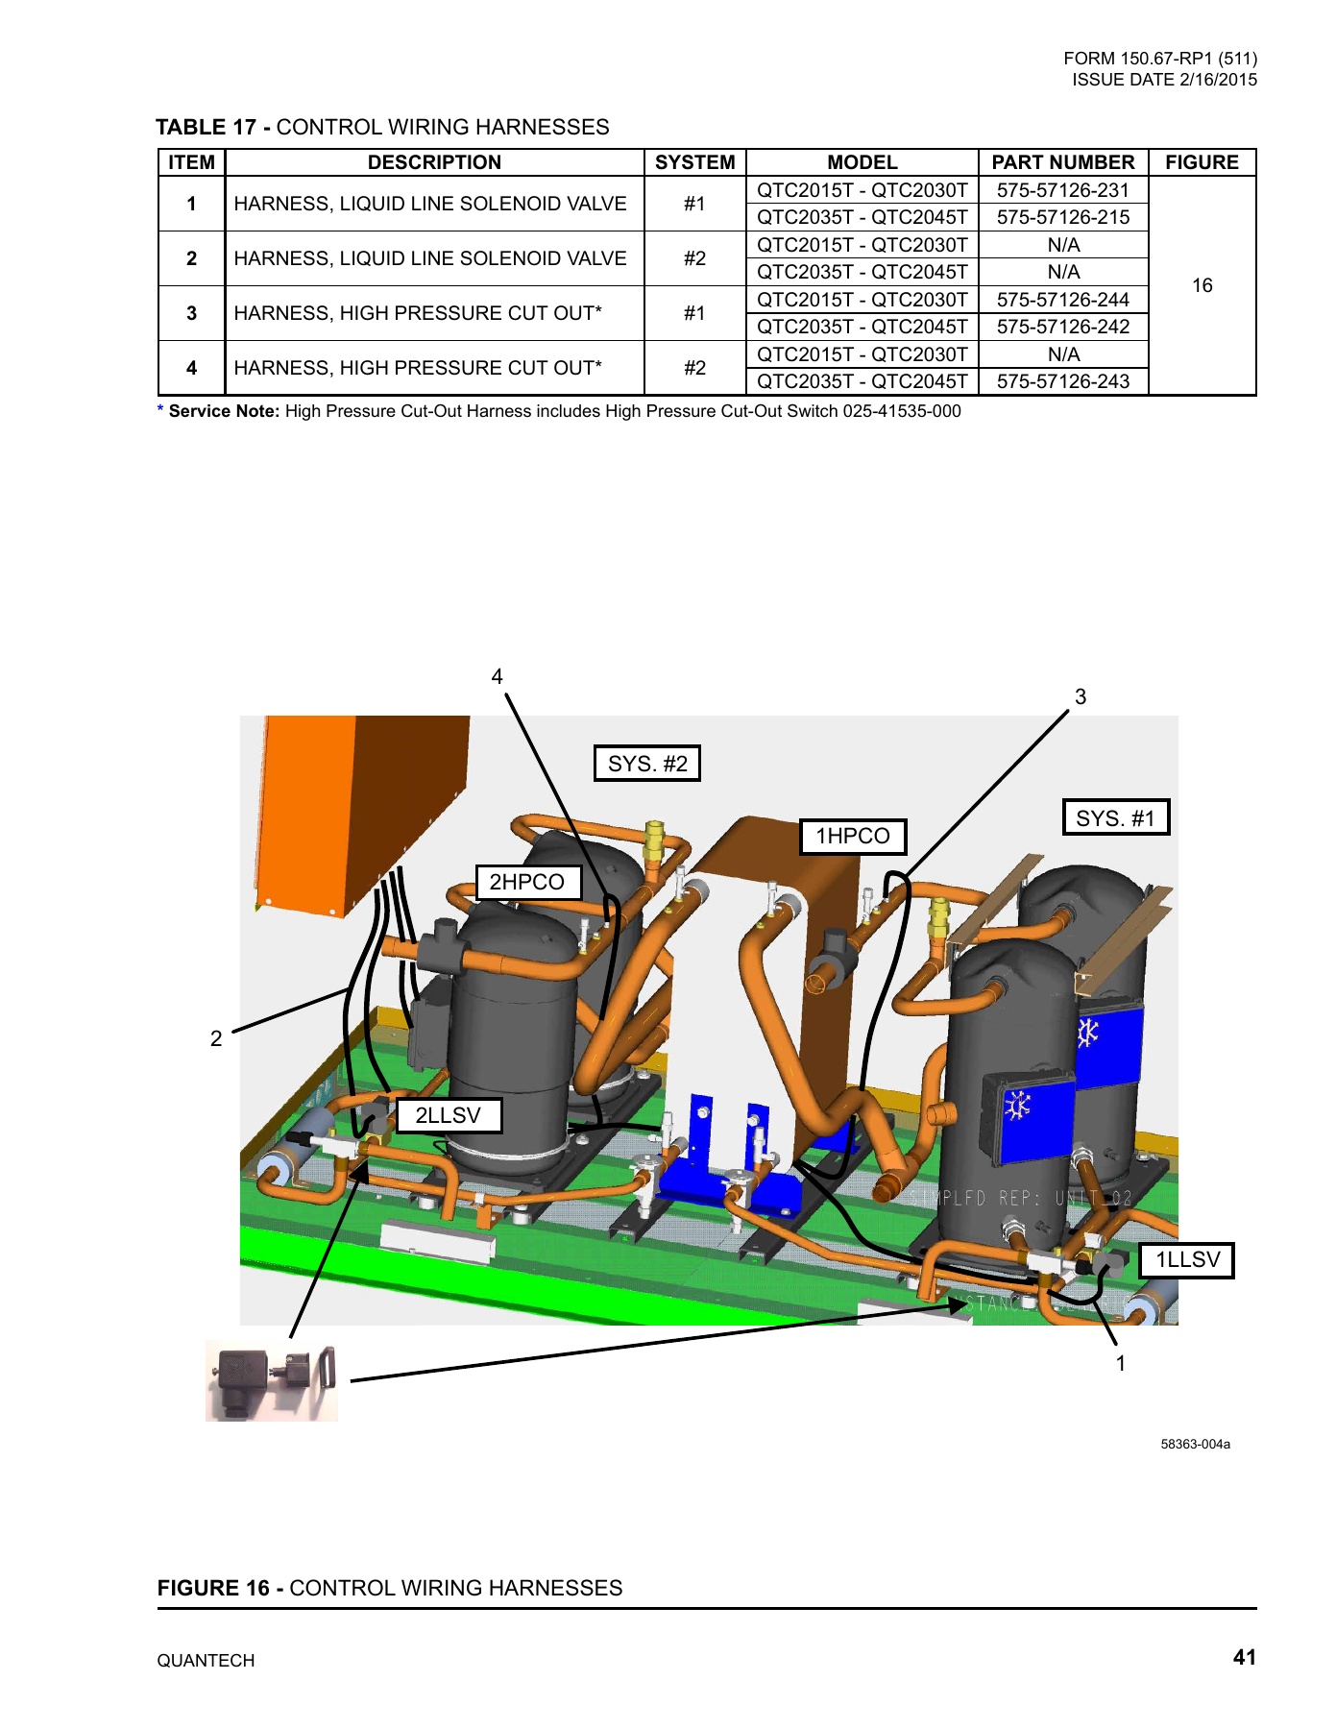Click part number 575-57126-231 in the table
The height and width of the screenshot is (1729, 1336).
pos(1062,190)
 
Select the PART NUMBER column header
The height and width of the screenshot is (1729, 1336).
pos(1062,162)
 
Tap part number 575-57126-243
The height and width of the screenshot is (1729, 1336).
pos(1062,381)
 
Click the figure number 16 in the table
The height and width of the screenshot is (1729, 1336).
pos(1202,285)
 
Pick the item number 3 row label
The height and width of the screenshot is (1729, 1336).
pos(191,313)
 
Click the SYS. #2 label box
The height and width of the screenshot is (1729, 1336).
pos(647,764)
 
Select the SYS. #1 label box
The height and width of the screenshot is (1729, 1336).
pos(1115,818)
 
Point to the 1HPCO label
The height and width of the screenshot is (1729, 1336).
pos(853,836)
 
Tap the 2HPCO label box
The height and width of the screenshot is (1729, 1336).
pos(527,882)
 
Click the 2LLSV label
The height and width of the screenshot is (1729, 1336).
pos(449,1115)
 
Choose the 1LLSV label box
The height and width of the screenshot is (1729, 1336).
pos(1187,1260)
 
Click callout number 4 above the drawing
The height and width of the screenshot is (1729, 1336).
pos(497,676)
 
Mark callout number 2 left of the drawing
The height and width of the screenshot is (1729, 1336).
pos(216,1038)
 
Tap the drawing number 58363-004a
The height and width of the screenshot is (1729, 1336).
pos(1195,1444)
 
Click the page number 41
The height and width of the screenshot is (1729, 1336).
pos(1244,1657)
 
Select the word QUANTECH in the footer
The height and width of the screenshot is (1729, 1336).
pos(206,1661)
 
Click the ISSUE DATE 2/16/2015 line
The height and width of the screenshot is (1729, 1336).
pos(1164,80)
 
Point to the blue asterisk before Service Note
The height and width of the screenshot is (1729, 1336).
pos(160,410)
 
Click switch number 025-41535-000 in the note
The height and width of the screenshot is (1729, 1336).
pos(901,411)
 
